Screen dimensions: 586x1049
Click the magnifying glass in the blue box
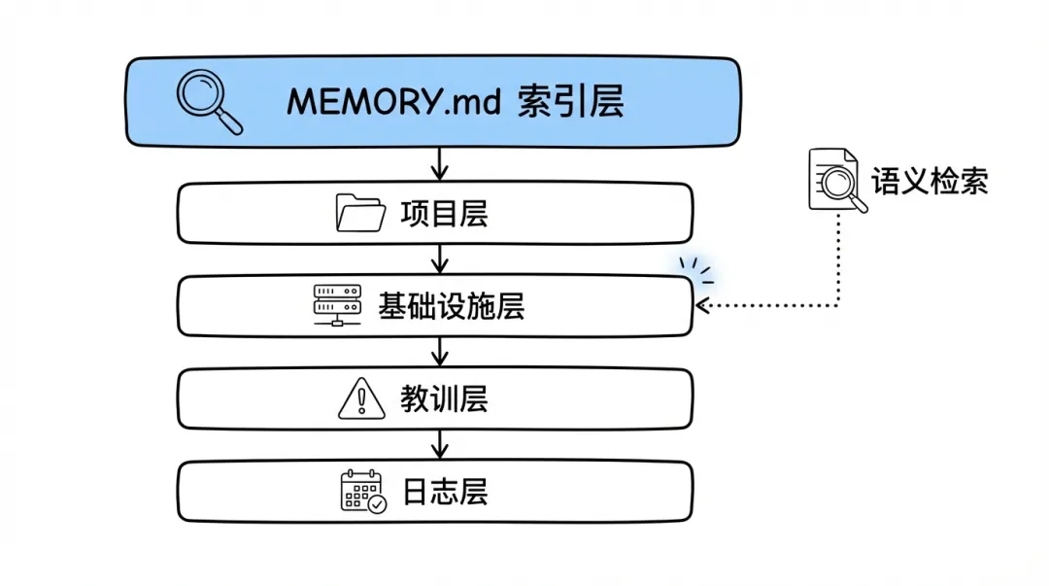(208, 102)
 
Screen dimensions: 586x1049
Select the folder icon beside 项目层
(360, 213)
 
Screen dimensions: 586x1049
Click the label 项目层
(443, 213)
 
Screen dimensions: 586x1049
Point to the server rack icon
(336, 305)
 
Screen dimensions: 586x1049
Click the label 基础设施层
(451, 306)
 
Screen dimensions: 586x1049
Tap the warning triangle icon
(361, 398)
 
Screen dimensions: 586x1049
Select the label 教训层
(443, 398)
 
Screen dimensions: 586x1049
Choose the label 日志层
(443, 491)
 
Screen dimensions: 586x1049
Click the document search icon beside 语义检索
(836, 180)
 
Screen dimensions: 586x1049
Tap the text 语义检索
(930, 181)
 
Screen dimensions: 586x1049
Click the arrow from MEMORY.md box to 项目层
(439, 163)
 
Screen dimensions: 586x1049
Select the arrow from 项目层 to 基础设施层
(439, 258)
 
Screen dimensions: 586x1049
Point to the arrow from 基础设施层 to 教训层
(439, 350)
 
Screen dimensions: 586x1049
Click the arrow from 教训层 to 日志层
(439, 443)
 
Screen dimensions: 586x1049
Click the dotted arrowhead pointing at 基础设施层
(704, 306)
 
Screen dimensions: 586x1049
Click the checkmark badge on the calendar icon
(377, 503)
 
